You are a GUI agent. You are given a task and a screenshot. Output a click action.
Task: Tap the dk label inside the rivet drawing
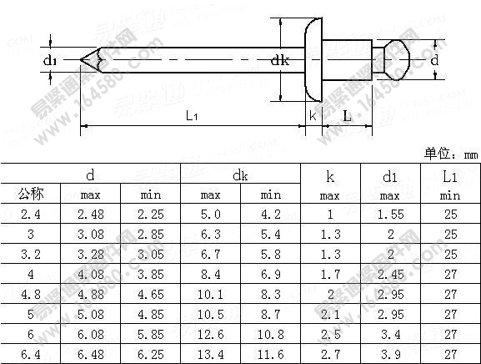(280, 60)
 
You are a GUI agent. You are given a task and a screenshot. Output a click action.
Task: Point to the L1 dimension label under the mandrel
(192, 116)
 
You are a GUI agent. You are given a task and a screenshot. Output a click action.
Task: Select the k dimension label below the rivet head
(313, 116)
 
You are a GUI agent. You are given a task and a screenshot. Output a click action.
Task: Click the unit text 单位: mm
(451, 154)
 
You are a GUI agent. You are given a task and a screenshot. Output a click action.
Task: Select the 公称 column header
(31, 195)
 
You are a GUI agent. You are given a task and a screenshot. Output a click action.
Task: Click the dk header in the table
(240, 175)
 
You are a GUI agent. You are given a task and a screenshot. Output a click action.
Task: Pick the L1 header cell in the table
(450, 176)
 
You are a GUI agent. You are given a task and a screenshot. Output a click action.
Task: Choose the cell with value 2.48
(90, 215)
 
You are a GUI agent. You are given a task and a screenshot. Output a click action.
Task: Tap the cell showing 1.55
(390, 215)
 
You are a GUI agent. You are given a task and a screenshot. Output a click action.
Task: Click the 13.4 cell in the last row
(210, 355)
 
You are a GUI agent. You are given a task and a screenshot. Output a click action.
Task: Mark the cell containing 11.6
(270, 355)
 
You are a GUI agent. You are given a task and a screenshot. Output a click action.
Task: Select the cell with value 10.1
(210, 295)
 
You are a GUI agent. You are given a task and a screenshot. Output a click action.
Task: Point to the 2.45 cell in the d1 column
(390, 275)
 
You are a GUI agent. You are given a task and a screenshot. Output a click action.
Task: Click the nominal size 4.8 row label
(31, 295)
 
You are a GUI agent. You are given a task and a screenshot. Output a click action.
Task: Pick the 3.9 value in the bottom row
(390, 355)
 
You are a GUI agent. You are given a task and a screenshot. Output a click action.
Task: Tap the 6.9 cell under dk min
(270, 275)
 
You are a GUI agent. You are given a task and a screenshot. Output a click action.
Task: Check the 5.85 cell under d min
(151, 335)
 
